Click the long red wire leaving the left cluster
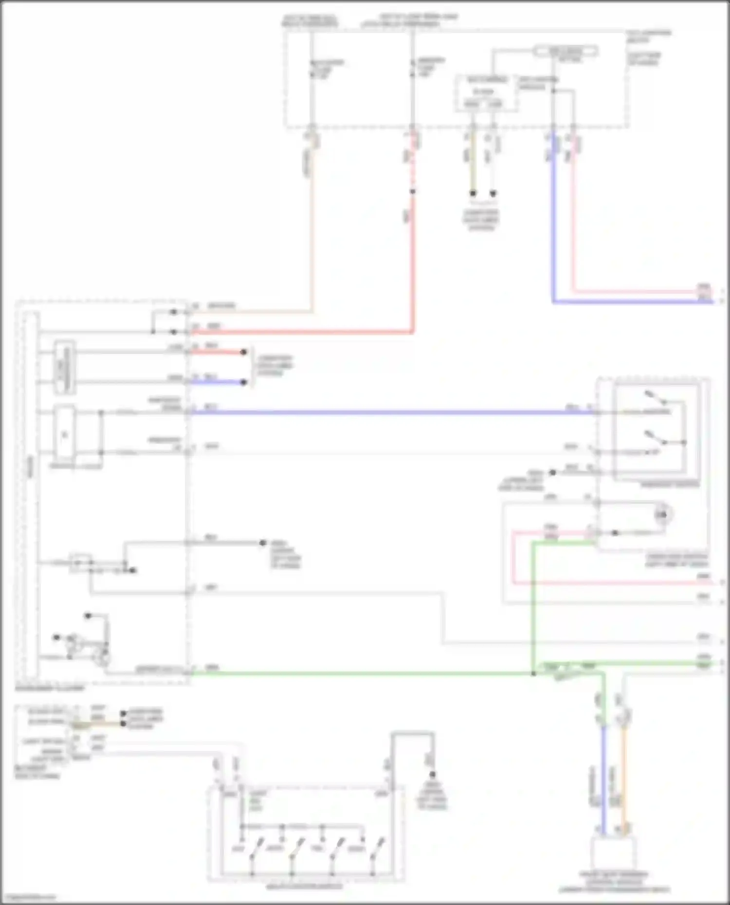point(302,333)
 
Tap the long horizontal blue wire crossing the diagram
point(389,413)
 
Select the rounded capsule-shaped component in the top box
point(565,51)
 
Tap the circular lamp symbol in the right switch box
point(662,515)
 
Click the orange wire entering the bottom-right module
point(624,778)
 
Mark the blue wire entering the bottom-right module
point(603,778)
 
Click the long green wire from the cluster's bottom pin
point(360,674)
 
